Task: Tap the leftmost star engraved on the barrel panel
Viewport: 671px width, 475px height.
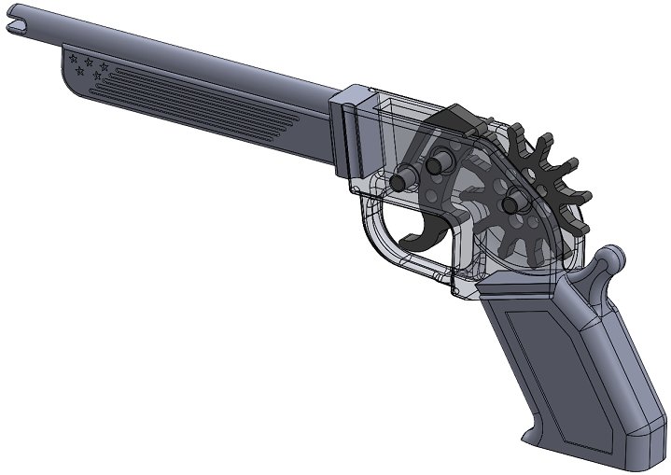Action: [74, 58]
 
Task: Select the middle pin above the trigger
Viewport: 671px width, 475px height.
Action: [435, 166]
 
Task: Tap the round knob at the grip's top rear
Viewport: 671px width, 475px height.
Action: [613, 257]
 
